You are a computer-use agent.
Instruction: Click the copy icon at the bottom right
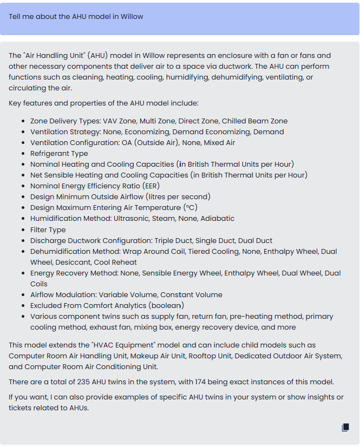345,428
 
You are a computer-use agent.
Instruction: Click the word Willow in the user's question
132,16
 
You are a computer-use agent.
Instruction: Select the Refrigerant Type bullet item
59,153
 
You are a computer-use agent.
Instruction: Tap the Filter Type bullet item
48,229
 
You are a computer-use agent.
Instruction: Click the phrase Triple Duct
175,240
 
